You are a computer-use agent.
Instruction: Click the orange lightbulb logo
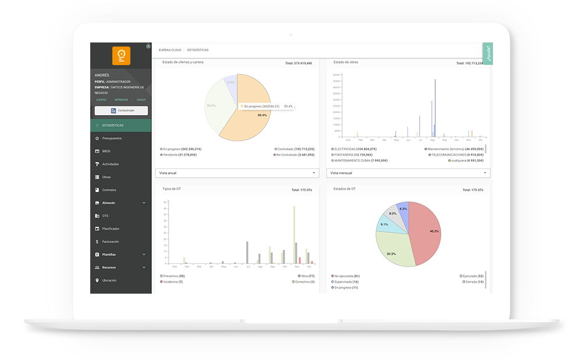[x=121, y=56]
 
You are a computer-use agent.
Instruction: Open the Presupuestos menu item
[x=112, y=138]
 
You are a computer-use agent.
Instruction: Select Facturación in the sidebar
[x=111, y=241]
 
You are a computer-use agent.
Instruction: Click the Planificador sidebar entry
[x=111, y=229]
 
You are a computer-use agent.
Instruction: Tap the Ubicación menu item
[x=109, y=280]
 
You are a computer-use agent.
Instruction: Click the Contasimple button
[x=121, y=111]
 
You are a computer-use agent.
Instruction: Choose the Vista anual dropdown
[x=237, y=173]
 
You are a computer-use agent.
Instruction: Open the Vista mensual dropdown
[x=409, y=173]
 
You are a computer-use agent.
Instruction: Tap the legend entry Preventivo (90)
[x=173, y=276]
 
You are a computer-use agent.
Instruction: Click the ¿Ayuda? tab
[x=488, y=53]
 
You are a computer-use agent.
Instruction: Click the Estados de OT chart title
[x=345, y=189]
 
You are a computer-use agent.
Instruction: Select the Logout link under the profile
[x=141, y=99]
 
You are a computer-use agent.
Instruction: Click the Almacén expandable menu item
[x=109, y=203]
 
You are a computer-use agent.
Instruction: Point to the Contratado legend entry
[x=296, y=149]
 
